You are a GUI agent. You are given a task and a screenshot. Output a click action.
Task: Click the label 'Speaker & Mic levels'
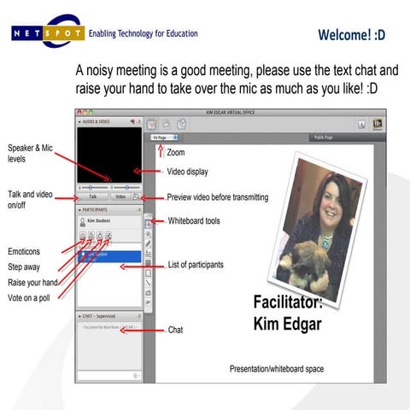coord(30,153)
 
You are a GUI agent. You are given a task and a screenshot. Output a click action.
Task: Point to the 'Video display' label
coord(187,172)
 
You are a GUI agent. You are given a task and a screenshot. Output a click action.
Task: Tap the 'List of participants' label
coord(196,265)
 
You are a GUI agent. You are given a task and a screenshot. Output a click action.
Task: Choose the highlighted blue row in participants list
coord(110,255)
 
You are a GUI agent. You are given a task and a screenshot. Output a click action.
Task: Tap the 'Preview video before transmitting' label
coord(217,197)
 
